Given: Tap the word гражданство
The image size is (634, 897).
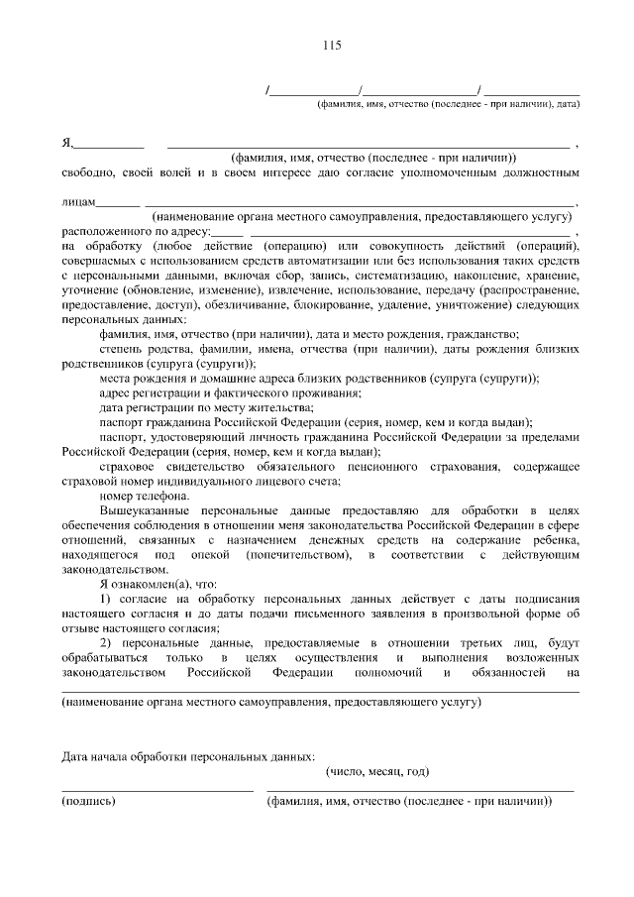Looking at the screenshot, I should [x=482, y=335].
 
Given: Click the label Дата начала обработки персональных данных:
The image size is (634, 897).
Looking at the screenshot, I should [x=188, y=757].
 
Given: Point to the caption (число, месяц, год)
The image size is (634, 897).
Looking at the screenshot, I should [x=377, y=772].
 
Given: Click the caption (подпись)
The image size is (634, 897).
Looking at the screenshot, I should [x=88, y=801].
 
